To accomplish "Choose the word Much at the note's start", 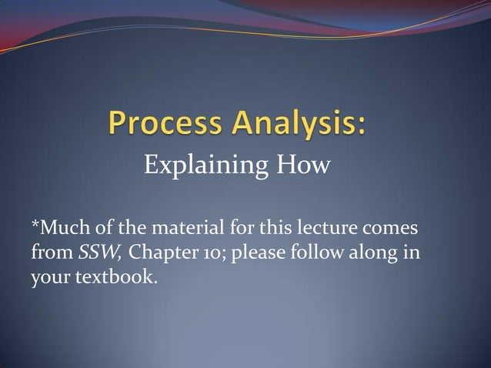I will [61, 229].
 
